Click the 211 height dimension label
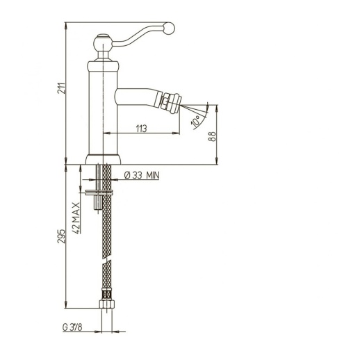click(61, 88)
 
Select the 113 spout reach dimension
click(141, 129)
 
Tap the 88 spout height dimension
click(212, 136)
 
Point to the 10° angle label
click(196, 121)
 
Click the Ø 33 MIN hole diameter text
click(142, 175)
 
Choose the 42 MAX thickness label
click(76, 218)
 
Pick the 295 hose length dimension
click(61, 236)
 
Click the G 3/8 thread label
click(72, 327)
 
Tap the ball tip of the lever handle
click(169, 28)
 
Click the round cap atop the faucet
click(103, 42)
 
